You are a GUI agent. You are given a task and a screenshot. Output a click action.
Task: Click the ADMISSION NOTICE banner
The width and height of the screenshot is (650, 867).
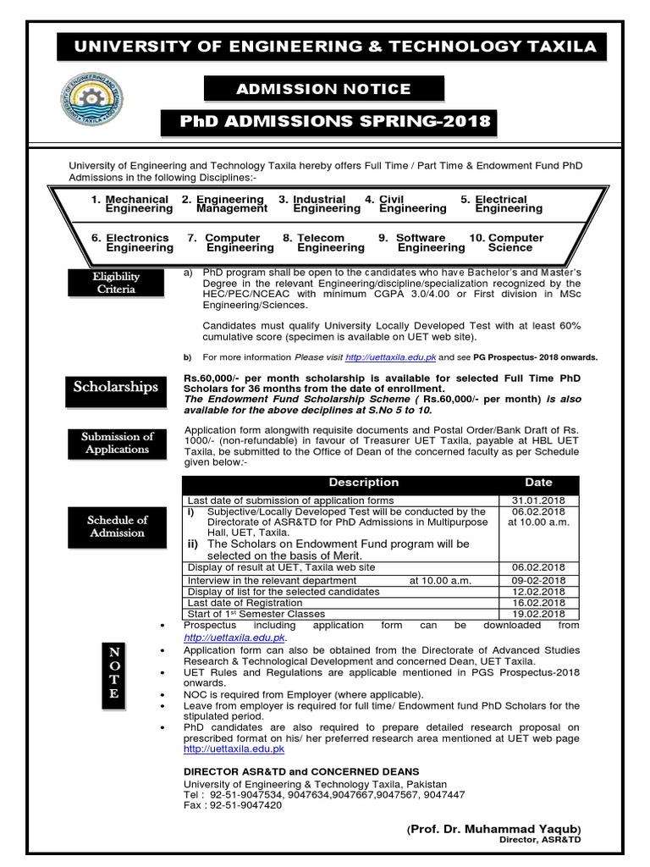pos(322,89)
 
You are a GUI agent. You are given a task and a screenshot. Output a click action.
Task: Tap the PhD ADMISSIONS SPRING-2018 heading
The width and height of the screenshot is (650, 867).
pos(329,121)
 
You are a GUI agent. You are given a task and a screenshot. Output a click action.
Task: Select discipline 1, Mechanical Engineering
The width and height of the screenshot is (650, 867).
pos(130,204)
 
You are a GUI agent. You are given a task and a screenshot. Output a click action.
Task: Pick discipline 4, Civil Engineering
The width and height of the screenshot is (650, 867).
pos(406,204)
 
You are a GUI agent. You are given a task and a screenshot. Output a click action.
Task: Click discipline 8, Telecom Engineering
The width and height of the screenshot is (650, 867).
pos(324,243)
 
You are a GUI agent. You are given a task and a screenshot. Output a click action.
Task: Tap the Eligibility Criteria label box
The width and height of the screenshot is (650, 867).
pos(117,283)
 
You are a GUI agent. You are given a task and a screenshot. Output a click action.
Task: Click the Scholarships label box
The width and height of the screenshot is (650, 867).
pos(116,387)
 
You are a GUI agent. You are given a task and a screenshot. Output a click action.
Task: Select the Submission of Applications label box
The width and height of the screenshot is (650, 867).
pos(117,443)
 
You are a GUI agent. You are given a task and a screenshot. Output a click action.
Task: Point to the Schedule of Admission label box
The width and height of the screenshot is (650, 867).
pos(117,526)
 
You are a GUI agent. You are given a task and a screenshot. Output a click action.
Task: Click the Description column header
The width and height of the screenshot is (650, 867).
pos(363,483)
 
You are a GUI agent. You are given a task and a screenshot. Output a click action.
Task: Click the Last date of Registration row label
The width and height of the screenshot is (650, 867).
pos(245,602)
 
